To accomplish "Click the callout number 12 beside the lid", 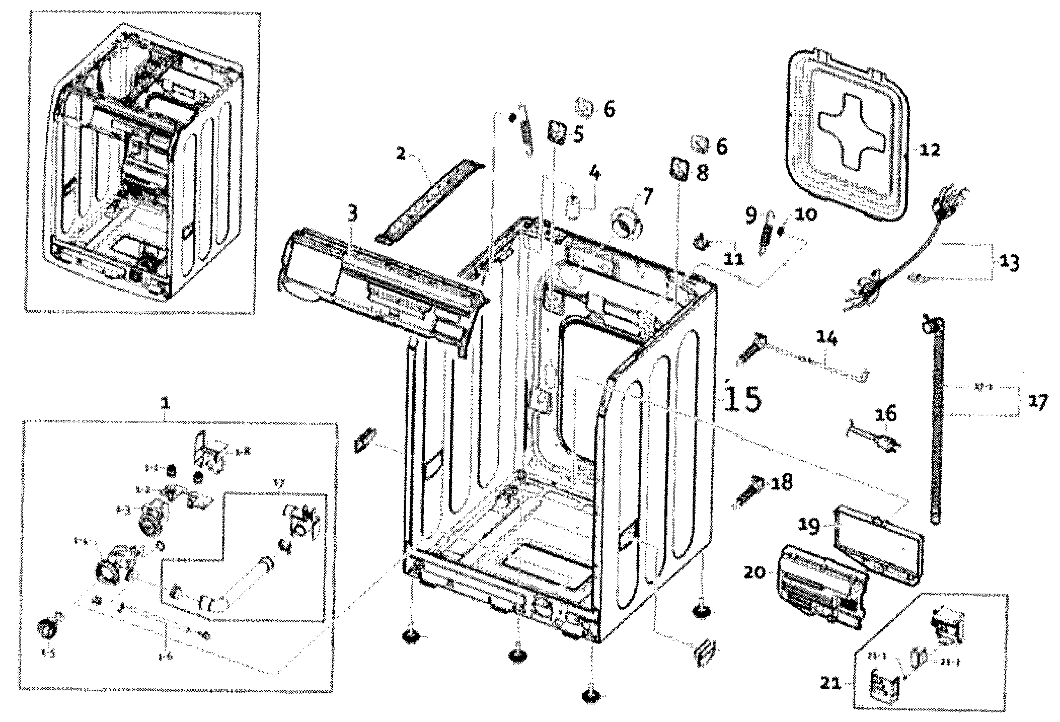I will pyautogui.click(x=929, y=150).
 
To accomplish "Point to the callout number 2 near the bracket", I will pyautogui.click(x=401, y=153).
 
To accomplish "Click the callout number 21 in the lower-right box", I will pyautogui.click(x=831, y=683).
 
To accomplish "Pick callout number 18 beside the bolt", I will pyautogui.click(x=780, y=482).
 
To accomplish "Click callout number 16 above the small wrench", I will pyautogui.click(x=886, y=414).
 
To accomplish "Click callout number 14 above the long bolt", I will pyautogui.click(x=826, y=338).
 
